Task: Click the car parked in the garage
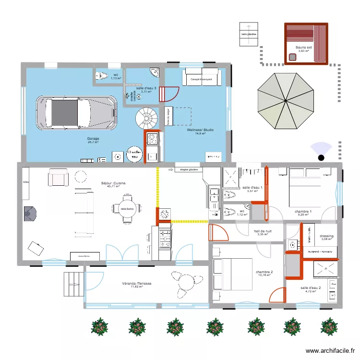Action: (x=76, y=114)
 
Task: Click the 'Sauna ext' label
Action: (x=304, y=48)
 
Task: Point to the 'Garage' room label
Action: (x=93, y=139)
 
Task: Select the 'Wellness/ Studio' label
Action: (x=201, y=130)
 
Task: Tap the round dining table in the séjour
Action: (x=127, y=209)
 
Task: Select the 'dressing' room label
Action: (x=327, y=236)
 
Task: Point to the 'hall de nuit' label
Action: (x=263, y=231)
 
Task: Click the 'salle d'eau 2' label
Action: (x=311, y=288)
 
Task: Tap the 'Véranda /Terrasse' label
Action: (x=137, y=284)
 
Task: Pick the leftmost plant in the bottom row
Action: (x=99, y=326)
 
